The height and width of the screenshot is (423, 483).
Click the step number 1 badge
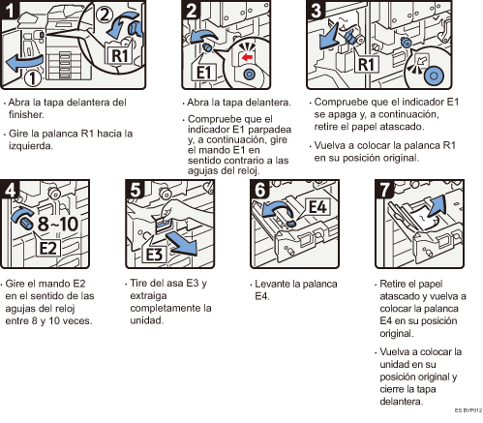[10, 10]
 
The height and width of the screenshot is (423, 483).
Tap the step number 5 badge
[136, 189]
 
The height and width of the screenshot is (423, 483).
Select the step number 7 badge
[385, 189]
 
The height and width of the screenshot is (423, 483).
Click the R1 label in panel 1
[119, 55]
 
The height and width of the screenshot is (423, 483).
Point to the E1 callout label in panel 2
[203, 72]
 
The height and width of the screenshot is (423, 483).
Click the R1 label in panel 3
[366, 64]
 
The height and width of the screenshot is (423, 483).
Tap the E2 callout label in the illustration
[48, 248]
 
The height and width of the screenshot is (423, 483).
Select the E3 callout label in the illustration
[154, 255]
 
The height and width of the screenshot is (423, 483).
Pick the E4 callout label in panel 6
[317, 207]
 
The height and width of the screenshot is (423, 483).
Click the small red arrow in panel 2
[247, 57]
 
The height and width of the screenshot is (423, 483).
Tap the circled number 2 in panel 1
[105, 15]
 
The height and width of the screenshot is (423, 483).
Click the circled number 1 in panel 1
[33, 78]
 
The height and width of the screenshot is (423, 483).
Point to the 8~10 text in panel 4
[58, 224]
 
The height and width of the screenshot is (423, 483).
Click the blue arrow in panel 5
[181, 244]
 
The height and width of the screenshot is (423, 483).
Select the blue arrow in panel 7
[436, 205]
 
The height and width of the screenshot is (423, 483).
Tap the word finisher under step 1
[26, 114]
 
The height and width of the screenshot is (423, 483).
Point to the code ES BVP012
[468, 410]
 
